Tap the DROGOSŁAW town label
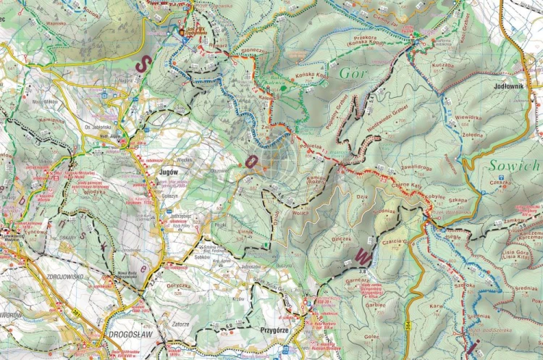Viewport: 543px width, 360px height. pyautogui.click(x=130, y=335)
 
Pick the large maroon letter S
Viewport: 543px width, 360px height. pyautogui.click(x=144, y=62)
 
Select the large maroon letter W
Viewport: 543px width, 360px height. pyautogui.click(x=363, y=256)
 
